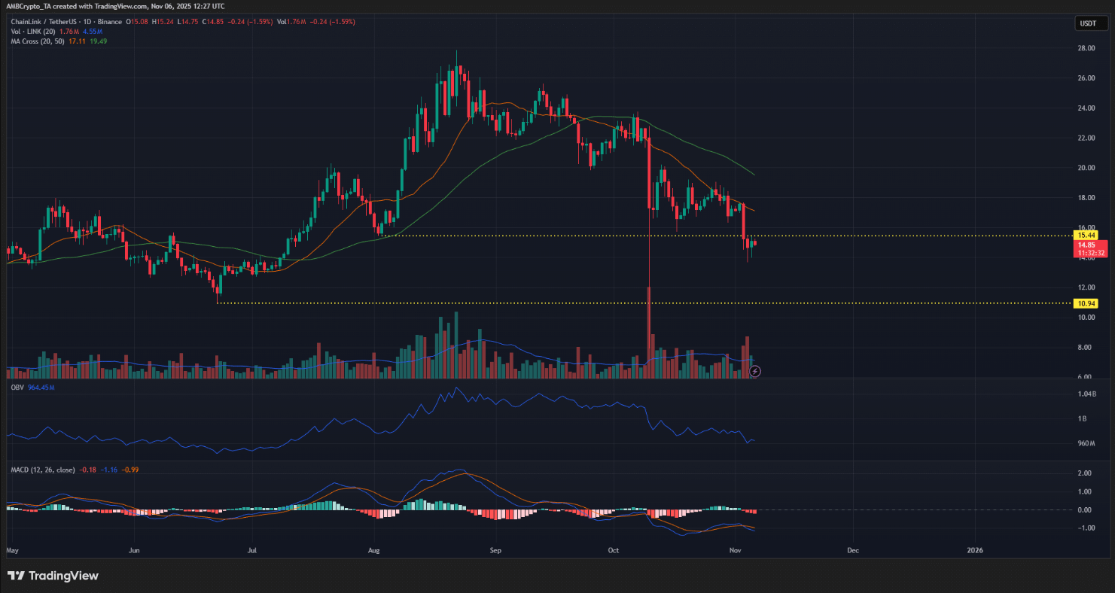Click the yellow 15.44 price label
click(x=1086, y=236)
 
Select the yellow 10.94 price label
click(x=1086, y=303)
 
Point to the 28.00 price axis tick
click(x=1086, y=48)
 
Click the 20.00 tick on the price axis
click(x=1086, y=168)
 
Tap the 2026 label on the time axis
click(x=975, y=550)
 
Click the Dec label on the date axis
click(x=852, y=550)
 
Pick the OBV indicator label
click(x=17, y=387)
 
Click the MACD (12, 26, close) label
click(x=43, y=470)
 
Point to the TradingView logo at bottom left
click(x=53, y=576)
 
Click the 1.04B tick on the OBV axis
click(x=1087, y=394)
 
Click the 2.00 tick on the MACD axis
click(x=1084, y=473)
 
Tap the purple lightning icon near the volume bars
click(x=756, y=371)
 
